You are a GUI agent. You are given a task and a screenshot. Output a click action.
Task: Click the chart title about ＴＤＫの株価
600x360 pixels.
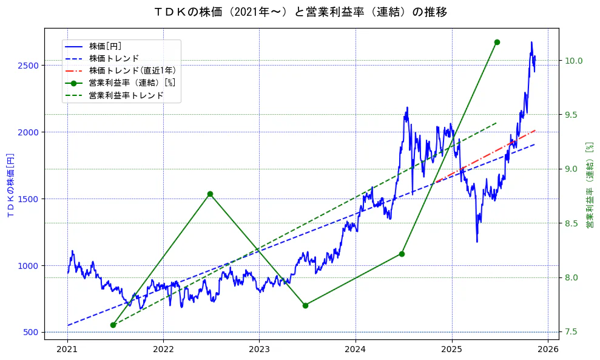300,12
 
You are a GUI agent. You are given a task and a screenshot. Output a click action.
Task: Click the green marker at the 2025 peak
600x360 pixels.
497,42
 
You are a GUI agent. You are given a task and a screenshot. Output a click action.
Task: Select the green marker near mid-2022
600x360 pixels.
210,194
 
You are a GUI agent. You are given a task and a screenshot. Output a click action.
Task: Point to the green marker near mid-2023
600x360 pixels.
305,305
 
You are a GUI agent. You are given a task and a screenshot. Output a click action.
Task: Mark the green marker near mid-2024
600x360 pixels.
402,254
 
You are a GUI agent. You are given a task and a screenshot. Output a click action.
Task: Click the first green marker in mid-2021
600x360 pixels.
113,325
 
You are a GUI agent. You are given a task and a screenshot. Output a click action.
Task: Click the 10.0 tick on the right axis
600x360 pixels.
574,61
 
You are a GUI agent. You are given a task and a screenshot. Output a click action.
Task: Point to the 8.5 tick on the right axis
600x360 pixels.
574,223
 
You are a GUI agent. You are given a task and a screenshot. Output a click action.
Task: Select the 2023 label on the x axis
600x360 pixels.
259,349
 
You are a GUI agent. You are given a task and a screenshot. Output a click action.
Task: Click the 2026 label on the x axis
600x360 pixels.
548,349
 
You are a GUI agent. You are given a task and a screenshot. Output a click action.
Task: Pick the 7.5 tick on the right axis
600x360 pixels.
574,332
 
